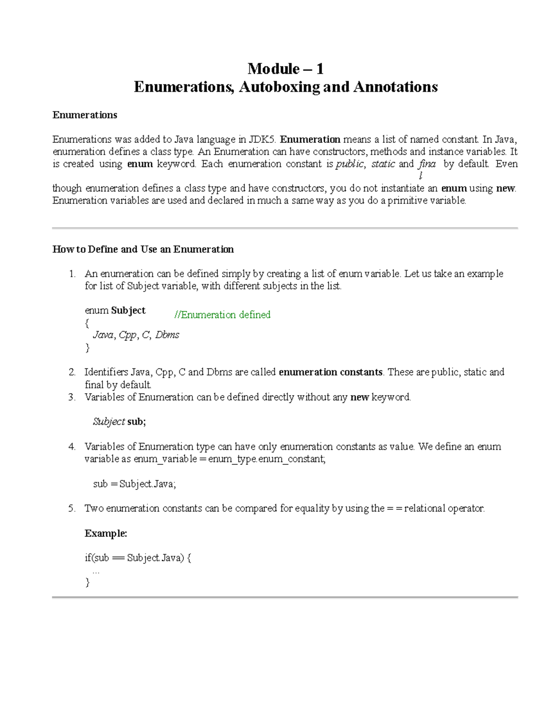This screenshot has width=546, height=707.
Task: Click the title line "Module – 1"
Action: (285, 69)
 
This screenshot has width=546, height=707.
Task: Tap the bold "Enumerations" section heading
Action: (85, 115)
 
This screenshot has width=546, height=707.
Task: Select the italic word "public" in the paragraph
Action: (349, 164)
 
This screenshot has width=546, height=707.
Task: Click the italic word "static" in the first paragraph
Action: (383, 164)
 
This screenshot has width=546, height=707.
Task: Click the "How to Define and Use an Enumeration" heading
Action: (143, 249)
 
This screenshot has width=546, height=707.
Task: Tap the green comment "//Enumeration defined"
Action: (222, 315)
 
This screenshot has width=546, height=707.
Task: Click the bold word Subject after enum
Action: (128, 310)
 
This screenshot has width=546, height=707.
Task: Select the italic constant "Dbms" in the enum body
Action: (167, 335)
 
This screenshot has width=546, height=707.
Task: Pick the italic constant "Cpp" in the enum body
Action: (127, 335)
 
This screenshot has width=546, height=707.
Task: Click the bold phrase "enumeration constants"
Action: (330, 372)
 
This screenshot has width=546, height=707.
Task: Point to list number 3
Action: (72, 397)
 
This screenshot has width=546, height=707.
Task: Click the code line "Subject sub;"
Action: (119, 422)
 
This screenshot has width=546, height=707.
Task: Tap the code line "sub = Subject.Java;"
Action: (134, 483)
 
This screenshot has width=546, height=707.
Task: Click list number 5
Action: (72, 509)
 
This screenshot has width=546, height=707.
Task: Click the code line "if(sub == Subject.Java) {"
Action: (138, 558)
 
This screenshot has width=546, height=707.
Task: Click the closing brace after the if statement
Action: (88, 582)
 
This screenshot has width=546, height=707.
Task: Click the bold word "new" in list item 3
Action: (359, 397)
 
